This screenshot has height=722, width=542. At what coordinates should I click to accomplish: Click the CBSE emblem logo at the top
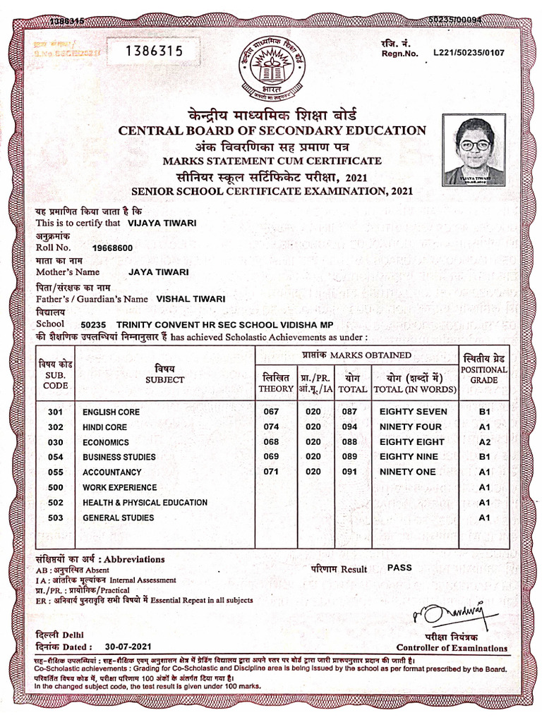[274, 69]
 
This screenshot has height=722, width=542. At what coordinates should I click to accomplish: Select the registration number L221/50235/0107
[469, 52]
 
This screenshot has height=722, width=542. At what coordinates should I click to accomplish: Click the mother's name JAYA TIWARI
[159, 271]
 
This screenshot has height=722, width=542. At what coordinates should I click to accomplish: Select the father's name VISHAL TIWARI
[191, 298]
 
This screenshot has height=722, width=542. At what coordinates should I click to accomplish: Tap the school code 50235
[94, 325]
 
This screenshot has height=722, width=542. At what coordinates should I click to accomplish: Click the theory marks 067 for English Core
[270, 412]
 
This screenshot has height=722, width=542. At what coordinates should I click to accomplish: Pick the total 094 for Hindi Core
[349, 427]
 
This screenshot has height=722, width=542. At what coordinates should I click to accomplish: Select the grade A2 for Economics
[484, 442]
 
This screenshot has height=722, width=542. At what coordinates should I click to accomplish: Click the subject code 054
[56, 457]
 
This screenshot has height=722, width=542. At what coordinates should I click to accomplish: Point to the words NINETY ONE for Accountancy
[407, 472]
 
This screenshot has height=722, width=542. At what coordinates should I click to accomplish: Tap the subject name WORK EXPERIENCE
[120, 487]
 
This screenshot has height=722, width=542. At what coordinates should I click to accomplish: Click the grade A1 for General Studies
[484, 518]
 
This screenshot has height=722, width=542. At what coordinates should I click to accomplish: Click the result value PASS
[399, 568]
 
